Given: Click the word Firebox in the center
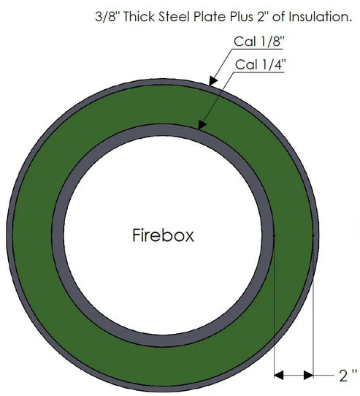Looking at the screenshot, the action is point(163,235).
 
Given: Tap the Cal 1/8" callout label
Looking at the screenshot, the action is point(259,41).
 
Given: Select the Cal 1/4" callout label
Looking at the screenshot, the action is point(261,64).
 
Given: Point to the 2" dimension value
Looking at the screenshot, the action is point(348,376).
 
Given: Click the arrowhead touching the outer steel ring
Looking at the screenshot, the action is point(213,81).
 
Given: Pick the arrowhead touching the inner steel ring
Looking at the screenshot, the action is point(202,125).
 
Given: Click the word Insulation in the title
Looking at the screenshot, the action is point(320,17).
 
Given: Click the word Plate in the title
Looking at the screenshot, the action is point(210,17).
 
